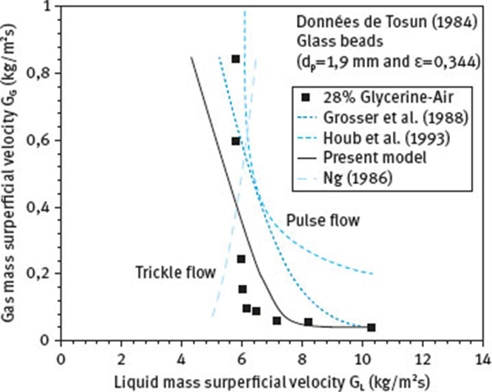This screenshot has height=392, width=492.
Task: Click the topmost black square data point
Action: [x=235, y=59]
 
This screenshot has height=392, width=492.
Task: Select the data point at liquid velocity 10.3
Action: [x=371, y=327]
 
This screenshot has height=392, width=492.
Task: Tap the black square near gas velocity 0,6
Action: [x=236, y=141]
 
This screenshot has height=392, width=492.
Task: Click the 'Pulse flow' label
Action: [x=323, y=221]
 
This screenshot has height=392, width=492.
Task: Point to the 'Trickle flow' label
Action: [x=175, y=272]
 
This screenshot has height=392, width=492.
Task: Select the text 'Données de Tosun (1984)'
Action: [x=385, y=23]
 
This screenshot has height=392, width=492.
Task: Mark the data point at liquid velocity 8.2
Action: [x=308, y=322]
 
